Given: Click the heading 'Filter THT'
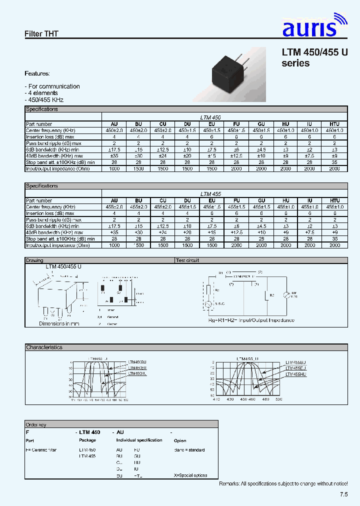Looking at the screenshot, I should coord(41,34).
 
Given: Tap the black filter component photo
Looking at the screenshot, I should coord(229,74).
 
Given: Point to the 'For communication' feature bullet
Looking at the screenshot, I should coord(53,86).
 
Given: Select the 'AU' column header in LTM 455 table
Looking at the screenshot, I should coord(114,201).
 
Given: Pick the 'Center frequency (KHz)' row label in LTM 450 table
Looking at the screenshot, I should coord(50,130).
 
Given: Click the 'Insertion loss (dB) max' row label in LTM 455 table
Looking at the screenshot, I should coord(50,213).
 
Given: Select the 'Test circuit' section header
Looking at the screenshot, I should coord(187,260).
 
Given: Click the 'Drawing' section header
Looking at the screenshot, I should coord(35,260).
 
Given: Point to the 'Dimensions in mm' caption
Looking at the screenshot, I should coord(59,324).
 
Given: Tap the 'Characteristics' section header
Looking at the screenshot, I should coord(44,347).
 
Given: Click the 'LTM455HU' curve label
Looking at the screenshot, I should coord(295,373).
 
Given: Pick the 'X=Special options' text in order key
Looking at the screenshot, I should coord(190,475).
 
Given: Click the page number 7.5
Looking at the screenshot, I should coord(343,494).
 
